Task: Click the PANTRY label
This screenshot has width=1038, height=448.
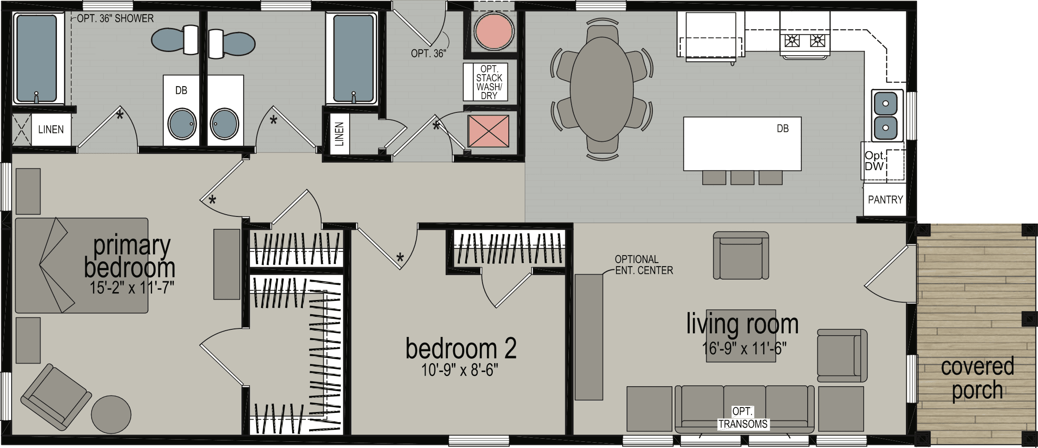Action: (885, 200)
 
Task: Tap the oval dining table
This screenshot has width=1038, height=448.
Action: (601, 89)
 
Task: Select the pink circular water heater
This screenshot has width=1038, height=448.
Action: (494, 32)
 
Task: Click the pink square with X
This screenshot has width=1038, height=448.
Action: (488, 131)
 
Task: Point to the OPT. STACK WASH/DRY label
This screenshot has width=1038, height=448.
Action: (489, 82)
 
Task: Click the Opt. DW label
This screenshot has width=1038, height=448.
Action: (874, 161)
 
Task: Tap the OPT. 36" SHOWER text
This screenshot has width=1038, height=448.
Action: (115, 19)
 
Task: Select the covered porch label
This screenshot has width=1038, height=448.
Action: (977, 378)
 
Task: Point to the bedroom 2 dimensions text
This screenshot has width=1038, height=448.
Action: (459, 370)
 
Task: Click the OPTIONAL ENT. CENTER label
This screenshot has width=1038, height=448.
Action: (644, 265)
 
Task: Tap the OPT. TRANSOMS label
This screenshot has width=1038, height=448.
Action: (743, 418)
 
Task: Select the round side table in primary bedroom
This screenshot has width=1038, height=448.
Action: (111, 415)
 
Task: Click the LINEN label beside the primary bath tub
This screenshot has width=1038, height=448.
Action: (51, 130)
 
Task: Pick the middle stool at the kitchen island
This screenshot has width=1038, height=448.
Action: (742, 178)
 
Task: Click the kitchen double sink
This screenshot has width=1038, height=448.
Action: (885, 116)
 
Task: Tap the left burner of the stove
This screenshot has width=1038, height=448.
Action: (792, 41)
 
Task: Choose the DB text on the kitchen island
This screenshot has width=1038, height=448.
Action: (782, 129)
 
